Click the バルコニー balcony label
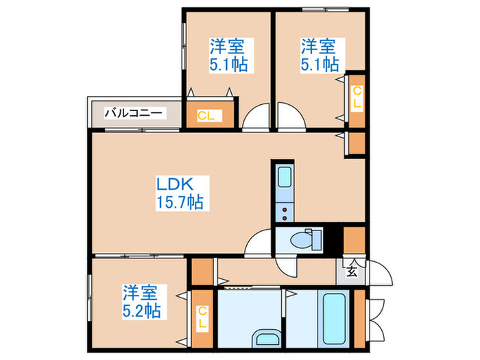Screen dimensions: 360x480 click(x=133, y=112)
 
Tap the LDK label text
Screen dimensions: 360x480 click(x=178, y=184)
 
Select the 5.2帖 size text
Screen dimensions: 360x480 click(x=142, y=311)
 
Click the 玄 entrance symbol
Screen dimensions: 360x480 click(x=351, y=270)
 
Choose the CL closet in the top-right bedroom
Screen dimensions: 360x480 click(x=356, y=97)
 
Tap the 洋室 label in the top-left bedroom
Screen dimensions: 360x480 click(x=228, y=47)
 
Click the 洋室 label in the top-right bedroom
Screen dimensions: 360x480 click(x=319, y=47)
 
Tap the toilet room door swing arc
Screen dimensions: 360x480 click(x=260, y=241)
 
